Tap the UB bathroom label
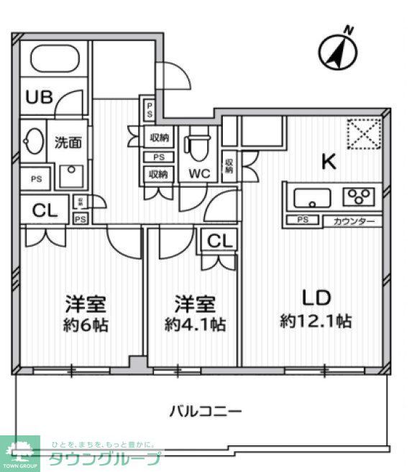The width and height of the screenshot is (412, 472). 39,97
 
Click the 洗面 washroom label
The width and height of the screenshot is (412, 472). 68,142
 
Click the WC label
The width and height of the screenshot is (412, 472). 199,173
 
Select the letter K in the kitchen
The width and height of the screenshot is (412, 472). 328,162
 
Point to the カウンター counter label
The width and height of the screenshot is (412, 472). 353,221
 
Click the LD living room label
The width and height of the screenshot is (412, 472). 315,297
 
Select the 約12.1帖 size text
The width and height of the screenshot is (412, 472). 316,321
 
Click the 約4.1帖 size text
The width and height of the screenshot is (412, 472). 195,324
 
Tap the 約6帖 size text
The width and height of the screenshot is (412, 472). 85,324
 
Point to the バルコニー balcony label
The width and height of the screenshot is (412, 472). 205,411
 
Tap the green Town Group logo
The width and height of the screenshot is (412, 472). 19,453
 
